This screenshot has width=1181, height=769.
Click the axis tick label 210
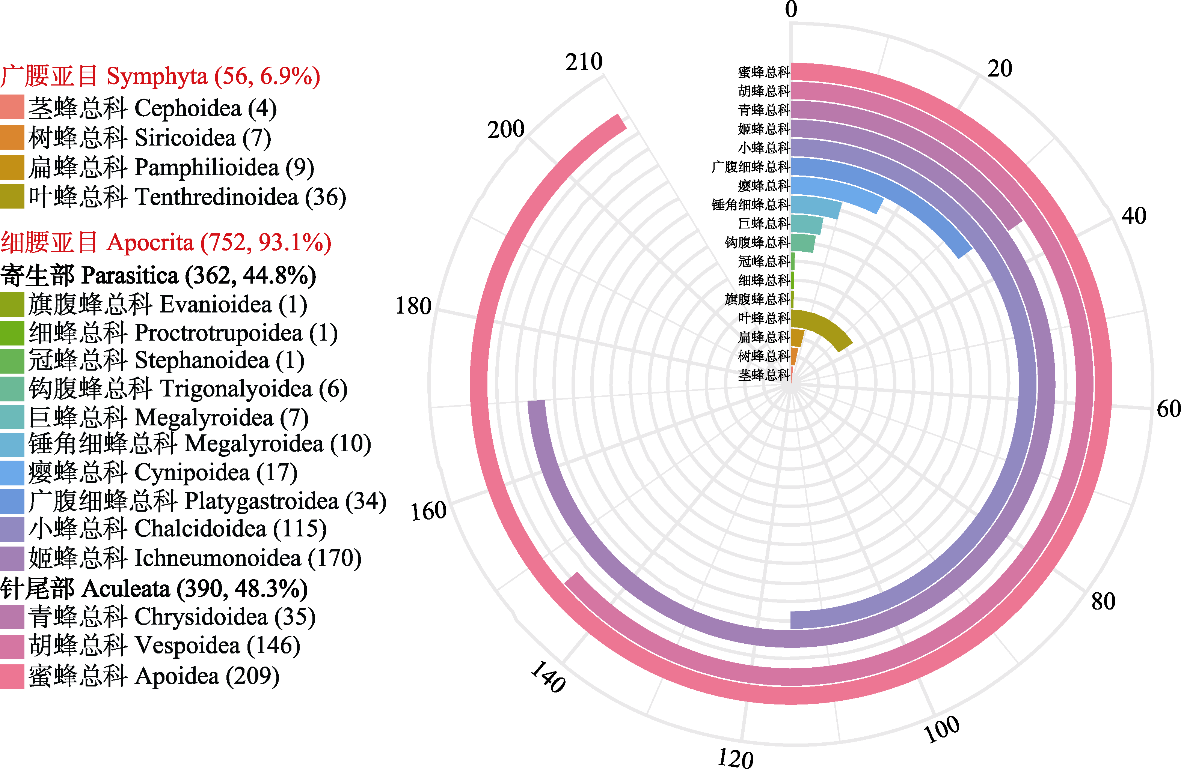[x=584, y=62]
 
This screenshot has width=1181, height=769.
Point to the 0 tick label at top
[x=791, y=9]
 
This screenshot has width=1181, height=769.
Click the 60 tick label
[x=1168, y=409]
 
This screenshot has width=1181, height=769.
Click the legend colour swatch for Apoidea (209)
[x=12, y=676]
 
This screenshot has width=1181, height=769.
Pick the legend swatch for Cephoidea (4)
[x=12, y=108]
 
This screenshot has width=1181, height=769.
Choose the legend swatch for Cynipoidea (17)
[x=12, y=473]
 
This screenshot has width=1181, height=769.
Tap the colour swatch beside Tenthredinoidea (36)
[x=12, y=196]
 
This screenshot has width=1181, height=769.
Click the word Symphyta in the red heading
[x=157, y=77]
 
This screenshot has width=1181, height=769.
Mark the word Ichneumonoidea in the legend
[x=218, y=558]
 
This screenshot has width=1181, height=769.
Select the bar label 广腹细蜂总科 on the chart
[x=750, y=167]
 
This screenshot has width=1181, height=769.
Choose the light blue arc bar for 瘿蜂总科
[x=843, y=191]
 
